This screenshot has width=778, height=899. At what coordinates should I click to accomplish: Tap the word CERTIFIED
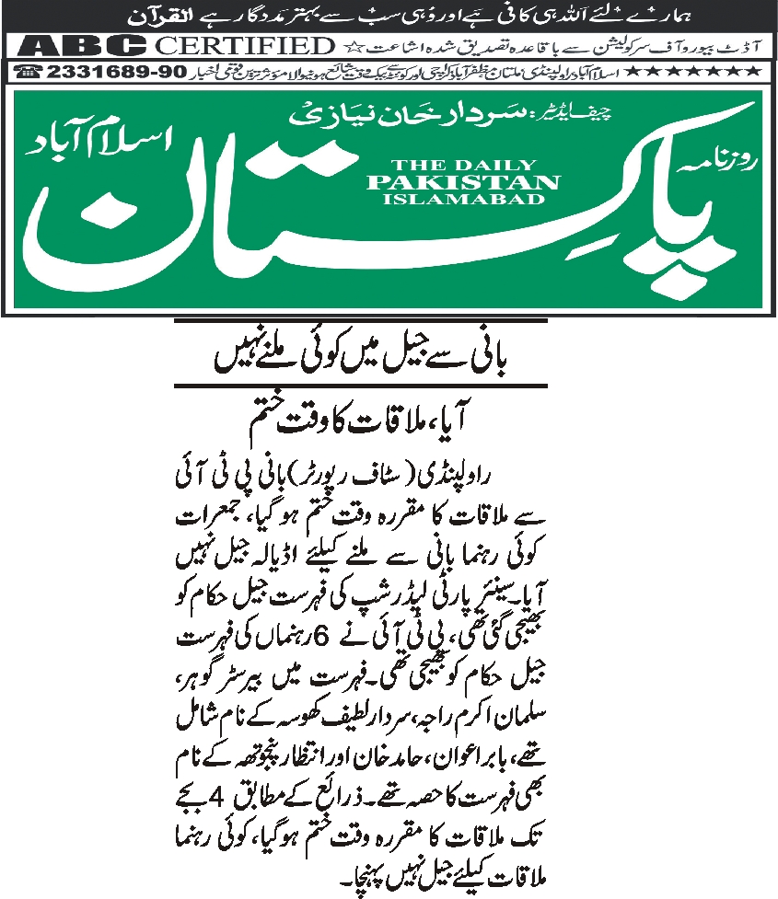(242, 45)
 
